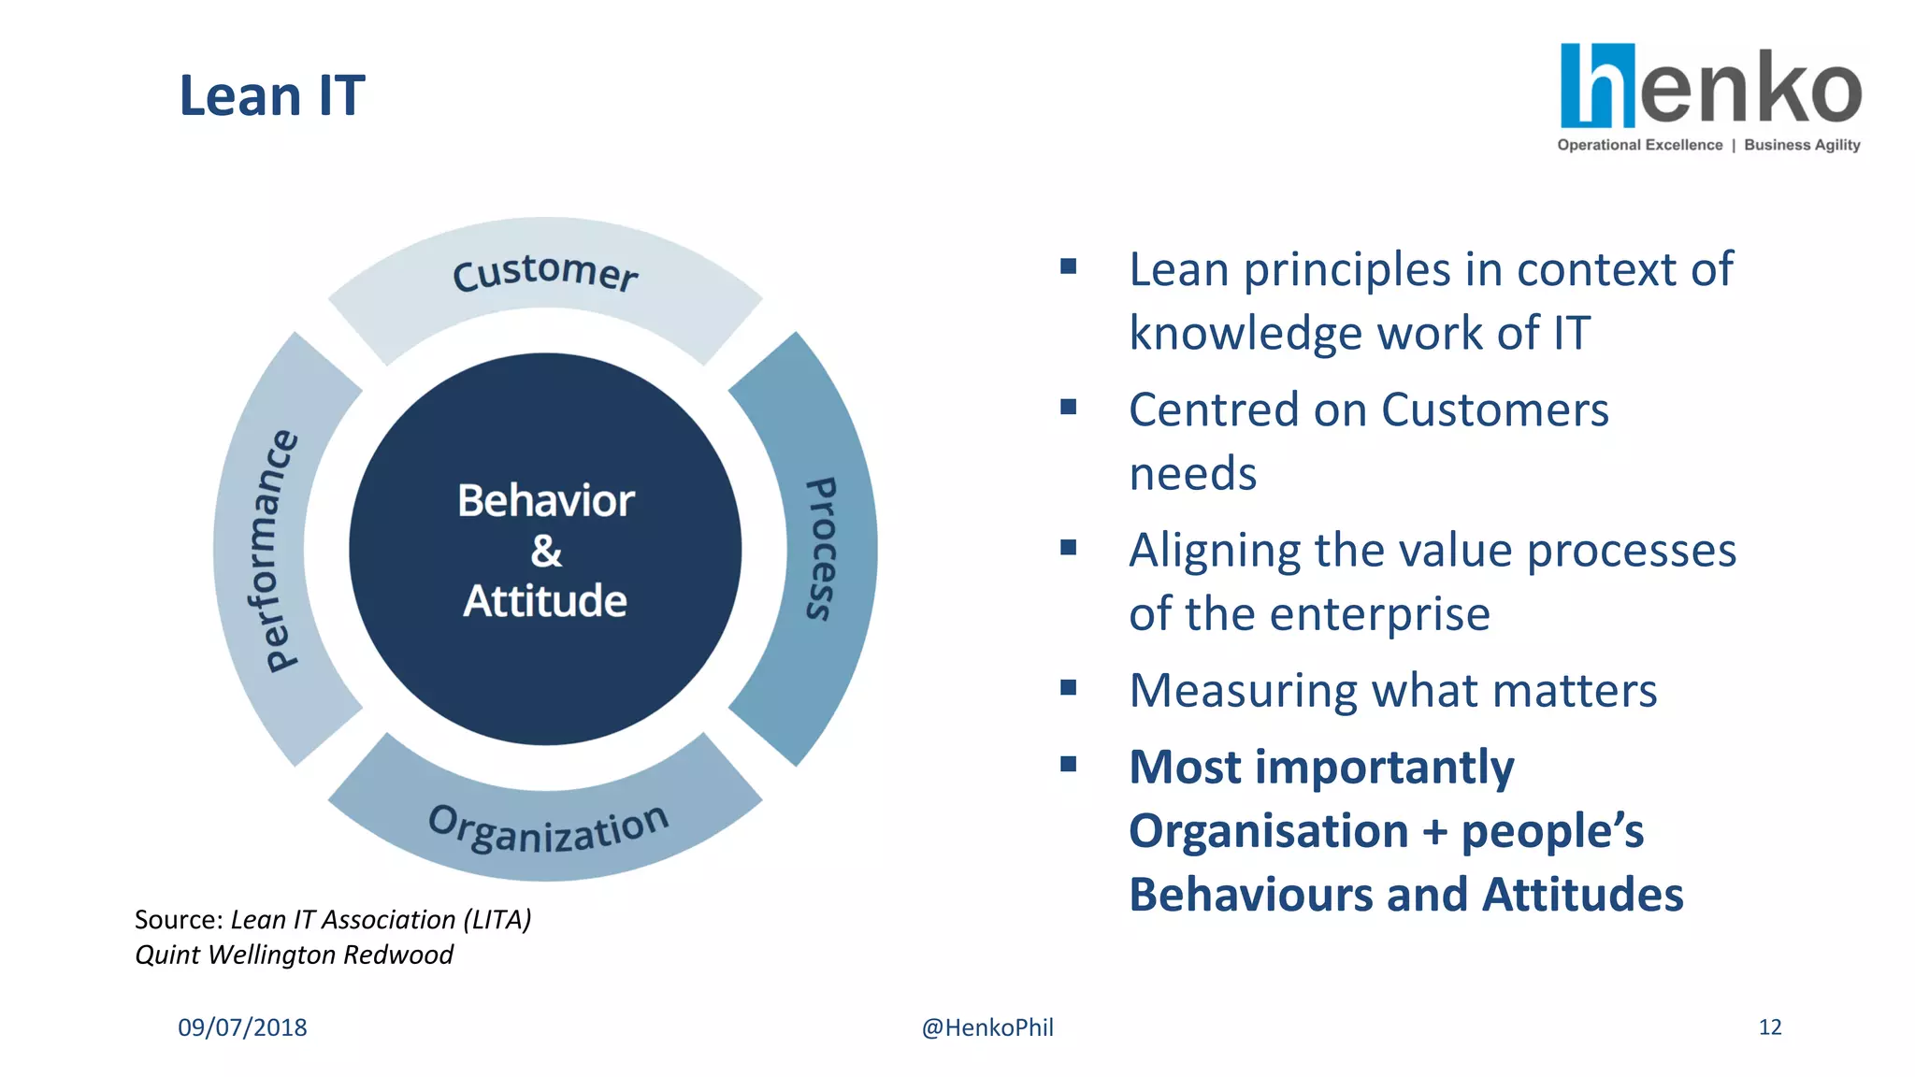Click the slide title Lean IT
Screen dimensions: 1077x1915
(x=271, y=96)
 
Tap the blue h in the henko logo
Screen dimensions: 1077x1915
(x=1597, y=86)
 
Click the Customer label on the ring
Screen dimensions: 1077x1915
(x=545, y=273)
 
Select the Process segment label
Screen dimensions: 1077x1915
(x=821, y=549)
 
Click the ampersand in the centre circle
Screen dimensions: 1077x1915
(x=546, y=551)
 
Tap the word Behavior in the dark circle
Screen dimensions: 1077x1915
(x=546, y=501)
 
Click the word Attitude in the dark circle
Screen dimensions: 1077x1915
(x=545, y=600)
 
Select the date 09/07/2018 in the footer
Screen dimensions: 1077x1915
(x=242, y=1027)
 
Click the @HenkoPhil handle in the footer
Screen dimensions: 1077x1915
(x=987, y=1027)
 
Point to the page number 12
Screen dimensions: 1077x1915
(x=1769, y=1027)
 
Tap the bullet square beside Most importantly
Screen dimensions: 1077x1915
(x=1069, y=764)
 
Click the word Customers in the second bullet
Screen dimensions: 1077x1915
(x=1494, y=410)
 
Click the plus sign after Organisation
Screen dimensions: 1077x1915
(x=1434, y=832)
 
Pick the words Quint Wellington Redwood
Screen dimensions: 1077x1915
(x=294, y=955)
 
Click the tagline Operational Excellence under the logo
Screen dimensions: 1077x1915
(x=1639, y=145)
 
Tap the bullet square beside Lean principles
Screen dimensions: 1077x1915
(x=1069, y=266)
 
